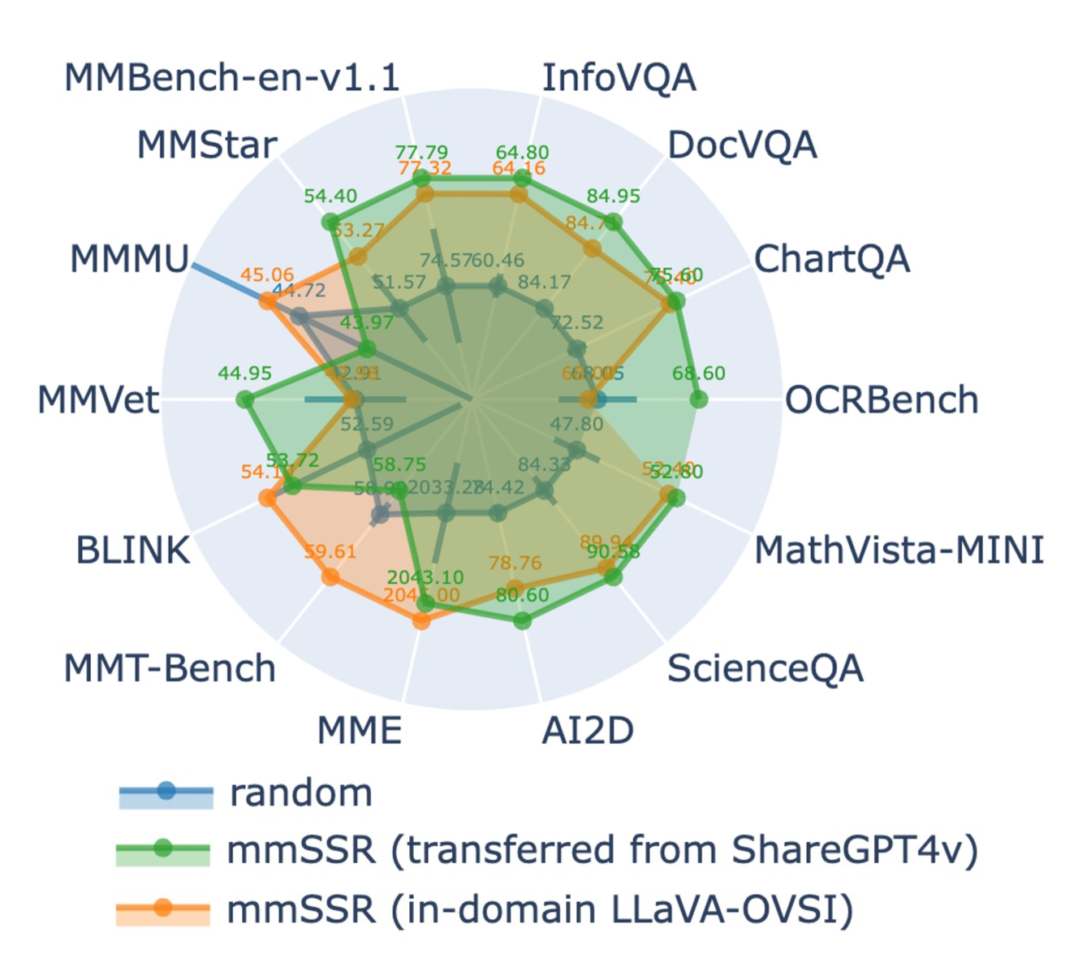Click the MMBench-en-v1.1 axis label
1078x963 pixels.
[x=231, y=78]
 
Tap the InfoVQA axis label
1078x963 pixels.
[x=619, y=78]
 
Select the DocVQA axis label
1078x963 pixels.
[x=742, y=145]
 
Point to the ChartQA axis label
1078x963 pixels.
[x=832, y=260]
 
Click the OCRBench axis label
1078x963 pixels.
[x=882, y=400]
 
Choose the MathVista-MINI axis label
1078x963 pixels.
[x=899, y=551]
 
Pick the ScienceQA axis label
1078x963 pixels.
[x=765, y=669]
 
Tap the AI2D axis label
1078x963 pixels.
[x=588, y=731]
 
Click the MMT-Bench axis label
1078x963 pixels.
[x=170, y=669]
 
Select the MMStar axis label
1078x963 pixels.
[x=207, y=145]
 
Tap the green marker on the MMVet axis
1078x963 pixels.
[x=244, y=399]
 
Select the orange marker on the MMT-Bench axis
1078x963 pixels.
[x=330, y=577]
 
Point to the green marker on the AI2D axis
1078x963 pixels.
[x=523, y=621]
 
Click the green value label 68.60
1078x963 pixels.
[x=698, y=374]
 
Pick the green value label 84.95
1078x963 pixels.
[x=613, y=196]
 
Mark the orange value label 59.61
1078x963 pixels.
[x=330, y=552]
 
